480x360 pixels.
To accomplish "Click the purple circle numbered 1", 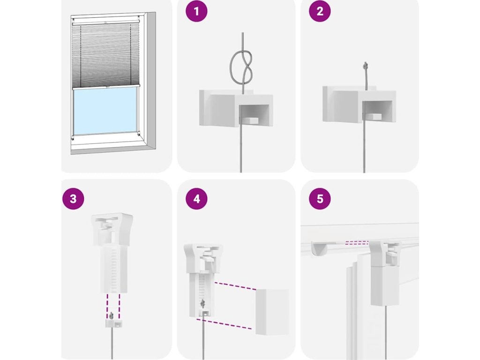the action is [196, 11].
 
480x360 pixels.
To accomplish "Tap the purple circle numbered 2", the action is [320, 11].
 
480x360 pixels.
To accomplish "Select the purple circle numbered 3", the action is [73, 199].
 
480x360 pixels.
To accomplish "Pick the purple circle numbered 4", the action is [196, 199].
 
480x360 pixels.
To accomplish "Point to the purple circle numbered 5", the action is [320, 199].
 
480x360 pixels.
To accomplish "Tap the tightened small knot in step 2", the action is [365, 65].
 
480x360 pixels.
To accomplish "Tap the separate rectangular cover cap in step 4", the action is [272, 312].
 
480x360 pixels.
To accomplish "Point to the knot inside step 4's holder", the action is [202, 304].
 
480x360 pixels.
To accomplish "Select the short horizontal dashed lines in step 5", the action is [357, 242].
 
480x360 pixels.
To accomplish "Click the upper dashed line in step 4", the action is [235, 286].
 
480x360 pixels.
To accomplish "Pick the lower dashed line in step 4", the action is [224, 324].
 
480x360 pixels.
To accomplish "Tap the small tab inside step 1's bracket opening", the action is [250, 120].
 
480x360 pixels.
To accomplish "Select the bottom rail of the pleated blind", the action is [106, 87].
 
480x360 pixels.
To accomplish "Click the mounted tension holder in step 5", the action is [385, 272].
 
